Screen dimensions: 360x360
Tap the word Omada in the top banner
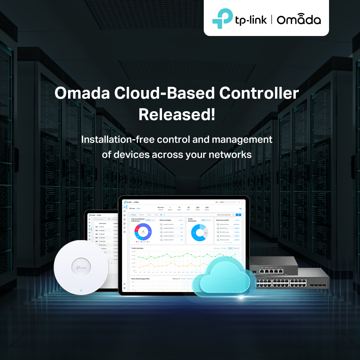298,19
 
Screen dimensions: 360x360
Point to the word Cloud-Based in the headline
159,94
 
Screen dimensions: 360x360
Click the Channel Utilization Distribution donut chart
143,232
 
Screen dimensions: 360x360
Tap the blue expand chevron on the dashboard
240,208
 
